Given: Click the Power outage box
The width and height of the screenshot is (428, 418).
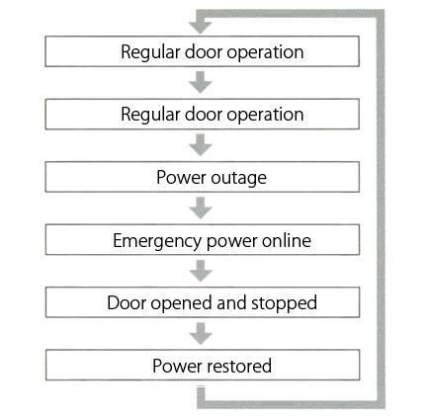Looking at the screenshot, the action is click(203, 177).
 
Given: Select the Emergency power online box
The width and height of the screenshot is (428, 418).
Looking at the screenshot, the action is click(203, 239).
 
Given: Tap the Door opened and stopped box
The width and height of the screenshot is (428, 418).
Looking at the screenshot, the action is click(203, 302).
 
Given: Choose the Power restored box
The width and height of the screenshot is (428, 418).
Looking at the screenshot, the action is click(203, 365).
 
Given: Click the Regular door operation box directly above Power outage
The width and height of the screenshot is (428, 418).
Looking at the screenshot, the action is click(203, 114).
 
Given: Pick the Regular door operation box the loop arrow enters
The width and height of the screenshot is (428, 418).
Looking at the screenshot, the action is click(203, 51).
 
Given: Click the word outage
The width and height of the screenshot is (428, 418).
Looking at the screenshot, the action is click(239, 178).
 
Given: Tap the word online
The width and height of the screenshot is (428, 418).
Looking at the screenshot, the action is click(287, 240).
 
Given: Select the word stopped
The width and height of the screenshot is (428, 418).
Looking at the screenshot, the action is click(284, 303).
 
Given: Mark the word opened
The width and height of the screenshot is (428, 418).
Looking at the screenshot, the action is click(182, 303).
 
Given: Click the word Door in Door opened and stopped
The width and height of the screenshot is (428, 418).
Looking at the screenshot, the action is click(127, 302).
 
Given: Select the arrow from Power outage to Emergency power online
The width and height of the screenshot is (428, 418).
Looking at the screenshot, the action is click(201, 209).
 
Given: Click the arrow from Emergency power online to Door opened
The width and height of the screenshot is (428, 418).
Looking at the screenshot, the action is click(201, 271).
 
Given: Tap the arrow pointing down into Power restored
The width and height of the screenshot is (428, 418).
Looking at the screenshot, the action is click(201, 334).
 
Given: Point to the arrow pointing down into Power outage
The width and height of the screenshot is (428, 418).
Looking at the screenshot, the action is click(201, 145).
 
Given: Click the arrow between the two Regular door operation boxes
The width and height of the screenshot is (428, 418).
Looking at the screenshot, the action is click(201, 82).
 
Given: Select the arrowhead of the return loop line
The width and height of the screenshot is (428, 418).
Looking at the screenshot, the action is click(201, 27).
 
